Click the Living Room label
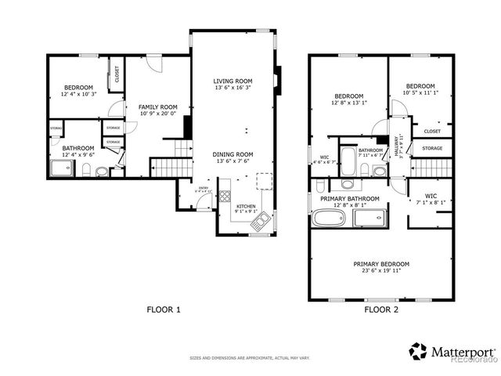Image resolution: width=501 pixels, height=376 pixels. pos(232,81)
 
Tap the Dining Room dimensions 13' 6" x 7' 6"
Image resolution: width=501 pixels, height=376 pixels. pos(232,162)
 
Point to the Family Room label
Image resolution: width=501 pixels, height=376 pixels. pos(157,107)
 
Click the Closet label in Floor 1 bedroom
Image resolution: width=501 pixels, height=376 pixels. pos(117,74)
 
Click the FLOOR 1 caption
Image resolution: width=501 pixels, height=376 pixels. pos(164,309)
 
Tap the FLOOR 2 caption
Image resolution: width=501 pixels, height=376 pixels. pos(381,309)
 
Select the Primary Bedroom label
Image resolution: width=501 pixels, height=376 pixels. pos(380,264)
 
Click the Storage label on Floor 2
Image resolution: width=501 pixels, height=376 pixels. pos(432,148)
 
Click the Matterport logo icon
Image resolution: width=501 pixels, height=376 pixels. pos(418,352)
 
